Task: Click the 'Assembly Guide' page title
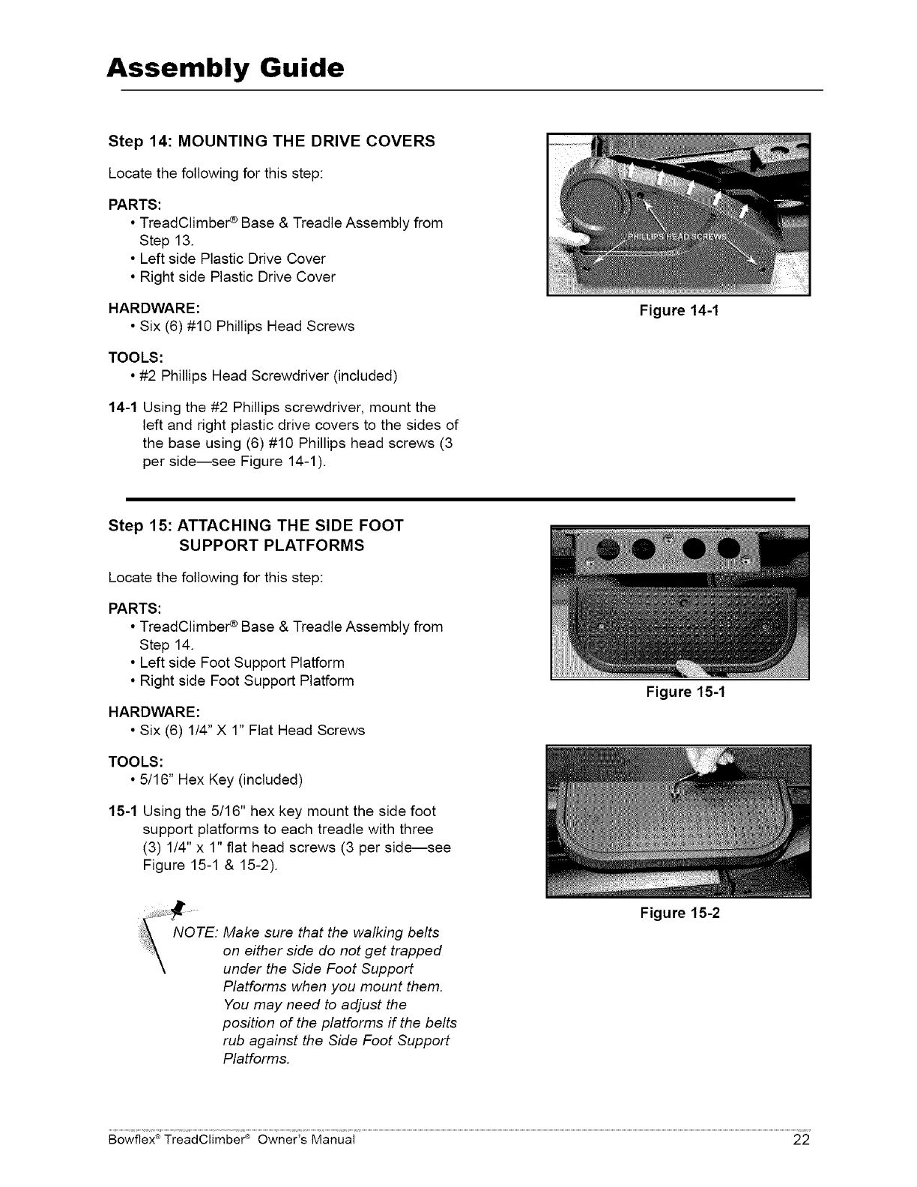point(226,68)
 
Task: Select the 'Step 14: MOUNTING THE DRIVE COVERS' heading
point(271,141)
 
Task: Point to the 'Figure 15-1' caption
point(686,692)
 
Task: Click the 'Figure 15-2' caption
point(679,913)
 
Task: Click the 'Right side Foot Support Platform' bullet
point(246,680)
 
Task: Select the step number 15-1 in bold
point(122,811)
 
